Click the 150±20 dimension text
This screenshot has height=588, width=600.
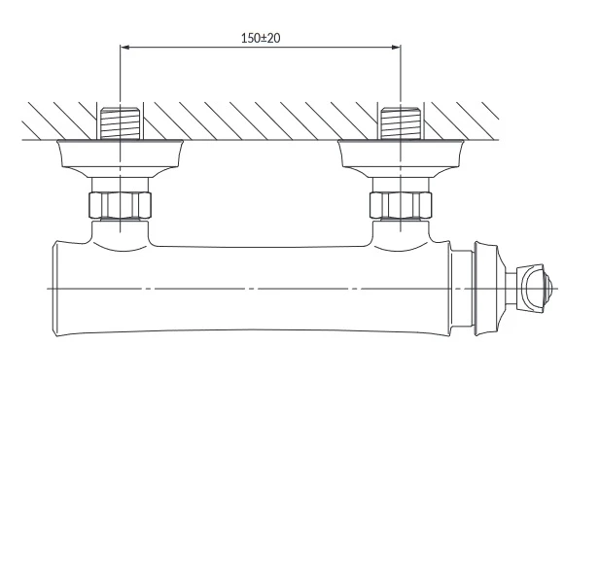[261, 38]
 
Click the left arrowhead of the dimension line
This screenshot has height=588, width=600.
[125, 47]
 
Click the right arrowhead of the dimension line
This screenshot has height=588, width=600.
[396, 47]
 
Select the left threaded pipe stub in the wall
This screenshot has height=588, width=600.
[120, 123]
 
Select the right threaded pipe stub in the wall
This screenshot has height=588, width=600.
[401, 123]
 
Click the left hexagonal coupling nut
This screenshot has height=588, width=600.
[120, 205]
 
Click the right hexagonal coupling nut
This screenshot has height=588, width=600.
[401, 205]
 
